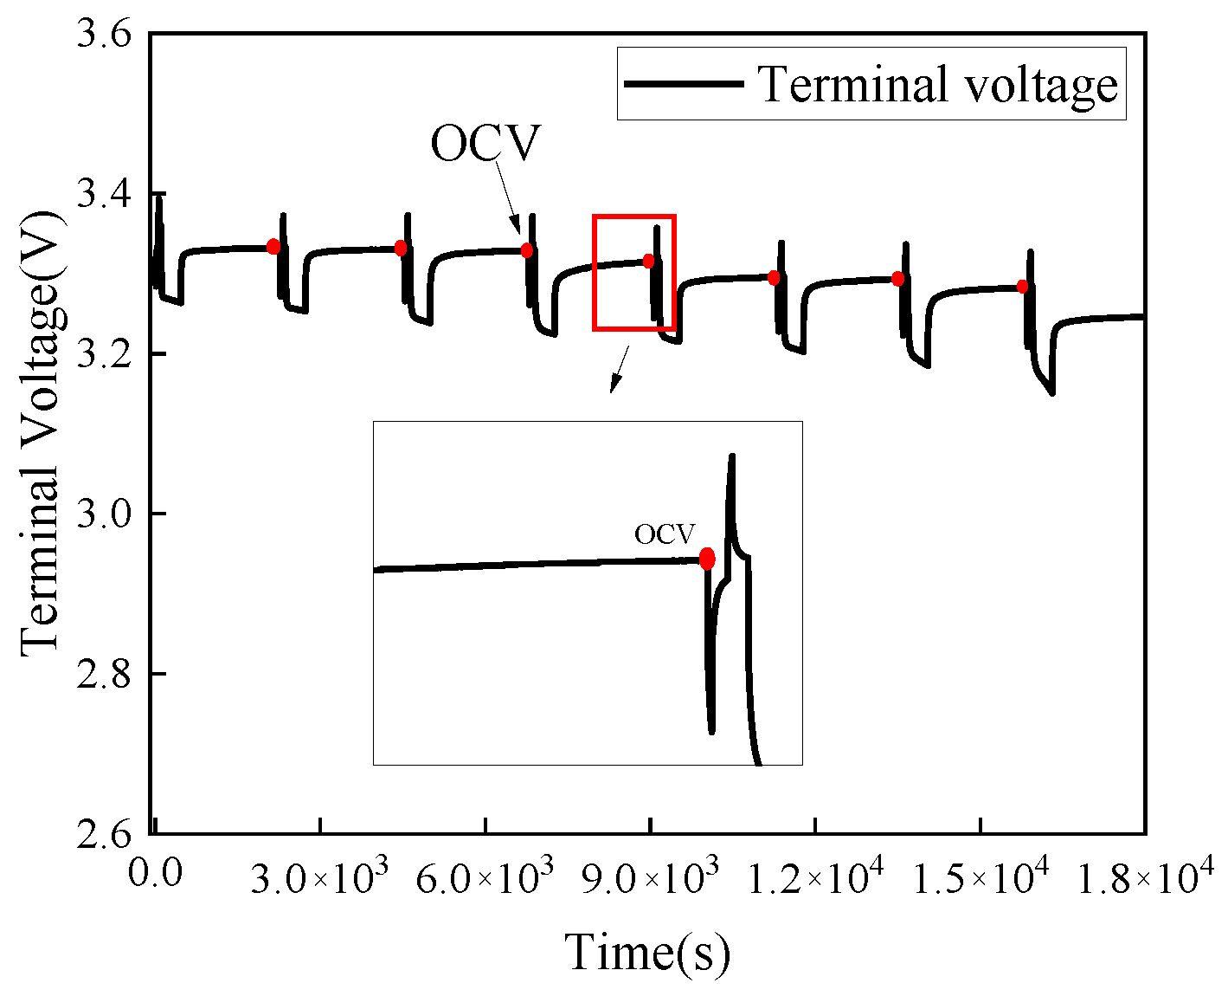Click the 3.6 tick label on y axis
(104, 36)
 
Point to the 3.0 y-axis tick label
(104, 514)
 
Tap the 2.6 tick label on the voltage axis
(104, 834)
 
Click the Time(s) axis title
(648, 952)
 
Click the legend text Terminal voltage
(938, 85)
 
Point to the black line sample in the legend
(684, 84)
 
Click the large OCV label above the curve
(485, 144)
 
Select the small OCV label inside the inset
(664, 535)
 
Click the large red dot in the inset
(707, 559)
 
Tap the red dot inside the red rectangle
(649, 261)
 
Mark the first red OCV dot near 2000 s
(273, 246)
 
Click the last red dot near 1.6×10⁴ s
(1023, 287)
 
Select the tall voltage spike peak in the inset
(732, 456)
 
